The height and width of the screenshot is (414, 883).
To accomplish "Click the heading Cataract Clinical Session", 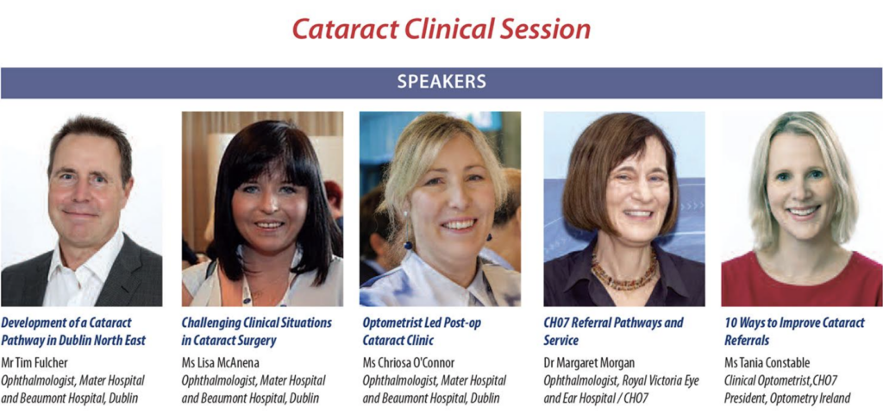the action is [x=441, y=29].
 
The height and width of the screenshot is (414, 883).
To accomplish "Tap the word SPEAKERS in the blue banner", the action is [x=441, y=82].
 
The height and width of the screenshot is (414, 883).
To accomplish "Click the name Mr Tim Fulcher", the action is [x=34, y=362].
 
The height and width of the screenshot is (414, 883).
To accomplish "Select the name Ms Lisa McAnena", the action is [x=220, y=362].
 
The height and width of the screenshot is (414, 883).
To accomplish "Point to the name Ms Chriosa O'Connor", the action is [x=408, y=362].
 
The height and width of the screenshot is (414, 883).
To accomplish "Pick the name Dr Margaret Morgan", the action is [x=590, y=362].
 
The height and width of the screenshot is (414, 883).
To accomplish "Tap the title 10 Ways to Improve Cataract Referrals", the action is [x=794, y=331].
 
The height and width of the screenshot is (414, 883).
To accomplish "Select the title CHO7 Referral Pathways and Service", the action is [x=613, y=331].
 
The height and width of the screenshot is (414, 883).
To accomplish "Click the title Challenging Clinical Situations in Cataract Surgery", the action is [x=257, y=331].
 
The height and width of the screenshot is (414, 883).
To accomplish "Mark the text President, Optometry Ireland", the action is [x=787, y=398].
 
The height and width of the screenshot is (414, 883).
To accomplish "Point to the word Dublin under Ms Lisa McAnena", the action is [x=304, y=398].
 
